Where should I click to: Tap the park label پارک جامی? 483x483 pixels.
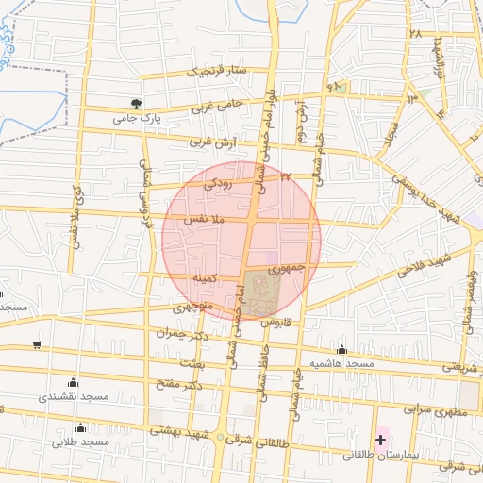coord(133,119)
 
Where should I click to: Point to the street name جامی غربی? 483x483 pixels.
coord(218,105)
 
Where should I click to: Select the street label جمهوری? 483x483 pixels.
coord(292,268)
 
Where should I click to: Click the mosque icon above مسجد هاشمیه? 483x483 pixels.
coord(341,349)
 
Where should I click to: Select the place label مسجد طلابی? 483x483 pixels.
coord(82,441)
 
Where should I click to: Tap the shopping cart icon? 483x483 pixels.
coord(37,345)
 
